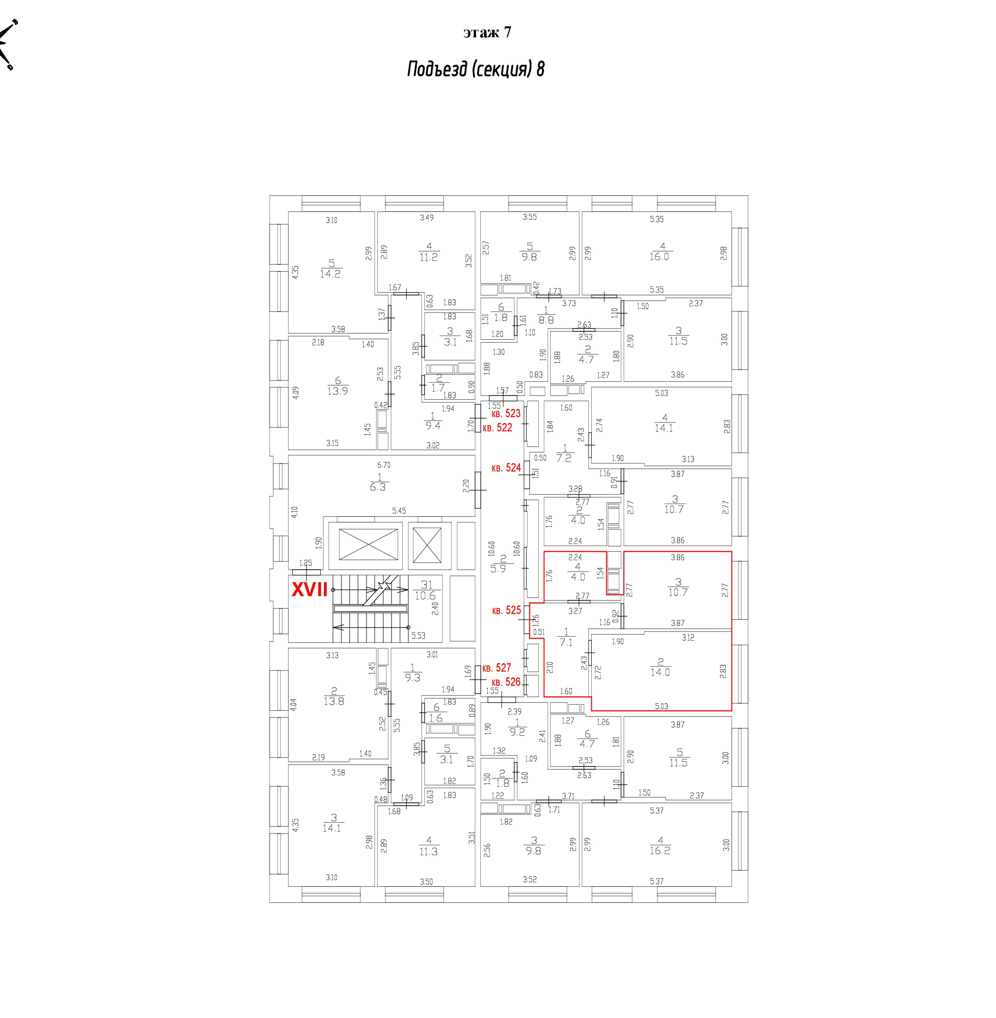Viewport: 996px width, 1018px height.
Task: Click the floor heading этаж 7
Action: coord(487,33)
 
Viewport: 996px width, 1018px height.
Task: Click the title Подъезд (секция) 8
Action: coord(476,69)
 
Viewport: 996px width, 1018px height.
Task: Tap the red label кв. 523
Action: coord(506,413)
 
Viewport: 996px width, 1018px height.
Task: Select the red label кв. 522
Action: coord(497,428)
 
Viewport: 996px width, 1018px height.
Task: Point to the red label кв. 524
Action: coord(506,468)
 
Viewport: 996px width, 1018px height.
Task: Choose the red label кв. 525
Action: coord(506,610)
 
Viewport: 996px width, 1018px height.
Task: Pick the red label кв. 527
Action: coord(496,668)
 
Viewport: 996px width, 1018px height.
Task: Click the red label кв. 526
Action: coord(506,682)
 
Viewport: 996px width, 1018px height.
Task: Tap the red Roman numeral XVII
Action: coord(310,590)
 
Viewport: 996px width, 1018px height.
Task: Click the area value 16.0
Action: coord(659,257)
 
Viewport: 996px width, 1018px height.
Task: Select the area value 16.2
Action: coord(660,850)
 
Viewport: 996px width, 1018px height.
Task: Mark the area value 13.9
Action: coord(337,391)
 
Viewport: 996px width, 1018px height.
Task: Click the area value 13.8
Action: coord(334,701)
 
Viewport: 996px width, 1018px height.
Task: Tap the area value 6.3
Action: coord(378,487)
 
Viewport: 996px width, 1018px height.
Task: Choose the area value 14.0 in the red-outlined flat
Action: coord(660,673)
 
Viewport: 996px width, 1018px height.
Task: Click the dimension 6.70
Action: coord(383,465)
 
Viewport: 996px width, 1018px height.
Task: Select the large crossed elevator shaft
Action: coord(368,544)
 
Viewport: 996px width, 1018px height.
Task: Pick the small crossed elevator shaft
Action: coord(427,545)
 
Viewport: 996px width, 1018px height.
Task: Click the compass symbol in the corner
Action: coord(8,44)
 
